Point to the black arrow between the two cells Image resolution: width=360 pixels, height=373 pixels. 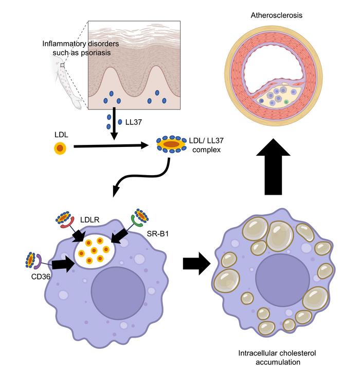197,265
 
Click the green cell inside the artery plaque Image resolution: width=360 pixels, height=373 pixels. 286,102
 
